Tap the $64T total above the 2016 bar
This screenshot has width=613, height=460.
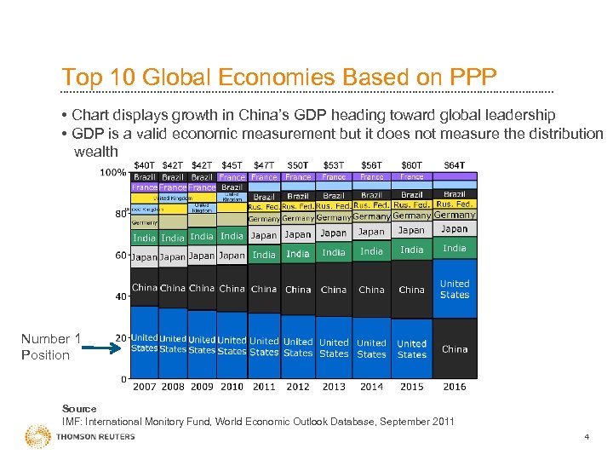455,164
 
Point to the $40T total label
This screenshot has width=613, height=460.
145,164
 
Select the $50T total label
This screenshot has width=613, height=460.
298,164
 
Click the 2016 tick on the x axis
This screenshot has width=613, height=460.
455,387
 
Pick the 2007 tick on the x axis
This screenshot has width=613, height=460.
145,387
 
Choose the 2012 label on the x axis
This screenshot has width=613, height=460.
298,387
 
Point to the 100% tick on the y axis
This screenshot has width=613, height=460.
114,173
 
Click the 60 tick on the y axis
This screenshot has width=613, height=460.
121,256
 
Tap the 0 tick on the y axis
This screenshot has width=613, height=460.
123,379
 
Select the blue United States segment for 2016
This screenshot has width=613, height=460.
455,289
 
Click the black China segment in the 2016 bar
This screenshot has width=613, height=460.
455,349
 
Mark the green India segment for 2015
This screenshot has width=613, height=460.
412,250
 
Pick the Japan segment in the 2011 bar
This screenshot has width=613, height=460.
264,236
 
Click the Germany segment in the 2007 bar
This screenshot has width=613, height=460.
145,222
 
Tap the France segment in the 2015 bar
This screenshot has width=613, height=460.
412,177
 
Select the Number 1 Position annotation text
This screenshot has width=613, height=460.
49,348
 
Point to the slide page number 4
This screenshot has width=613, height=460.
586,437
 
